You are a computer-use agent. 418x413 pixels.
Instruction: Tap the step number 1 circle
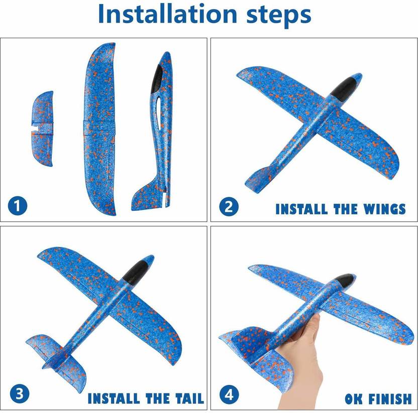coord(18,206)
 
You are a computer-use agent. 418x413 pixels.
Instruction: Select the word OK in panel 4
coord(354,399)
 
